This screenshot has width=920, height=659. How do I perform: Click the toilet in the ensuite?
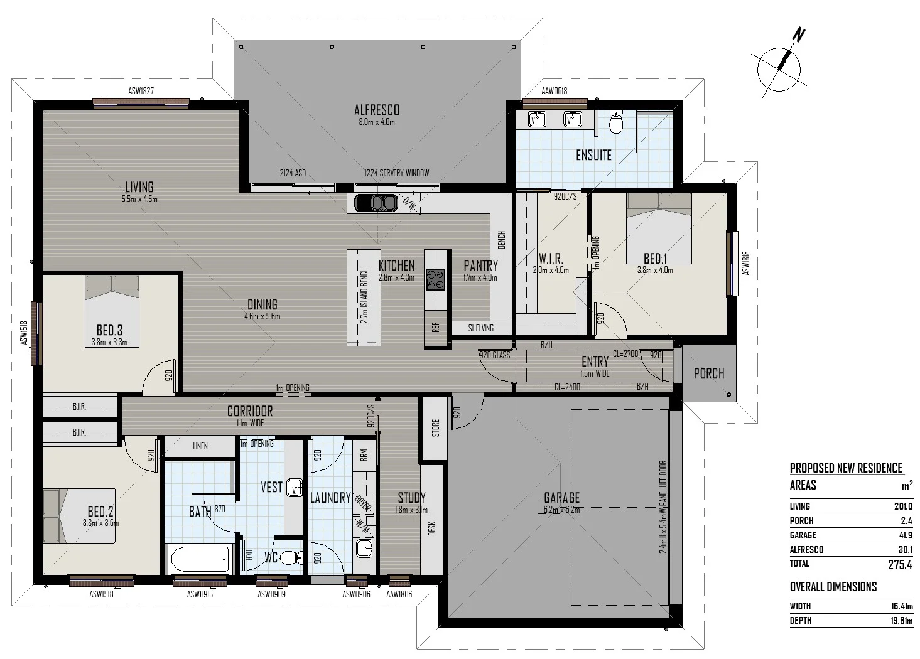coord(616,123)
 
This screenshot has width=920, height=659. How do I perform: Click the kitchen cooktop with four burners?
coord(435,279)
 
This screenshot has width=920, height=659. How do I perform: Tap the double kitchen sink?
coord(375,203)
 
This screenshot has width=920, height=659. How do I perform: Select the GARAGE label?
coord(561,498)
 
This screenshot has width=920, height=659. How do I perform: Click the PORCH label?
coord(708,373)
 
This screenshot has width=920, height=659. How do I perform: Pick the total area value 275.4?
coord(899,564)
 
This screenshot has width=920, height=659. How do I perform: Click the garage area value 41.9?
coord(905,535)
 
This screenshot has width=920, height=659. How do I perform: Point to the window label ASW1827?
coord(141,91)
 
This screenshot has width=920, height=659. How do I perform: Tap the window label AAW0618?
coord(554,91)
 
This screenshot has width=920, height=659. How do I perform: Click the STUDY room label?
coord(411,497)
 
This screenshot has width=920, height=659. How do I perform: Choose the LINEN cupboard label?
coord(200,446)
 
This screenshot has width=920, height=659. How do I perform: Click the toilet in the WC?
coord(290,557)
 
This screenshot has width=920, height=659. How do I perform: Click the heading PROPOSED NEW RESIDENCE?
coord(845,468)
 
